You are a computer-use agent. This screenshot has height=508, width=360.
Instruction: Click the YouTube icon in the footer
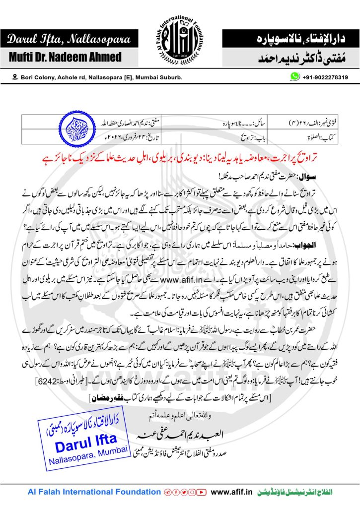click(x=201, y=492)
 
